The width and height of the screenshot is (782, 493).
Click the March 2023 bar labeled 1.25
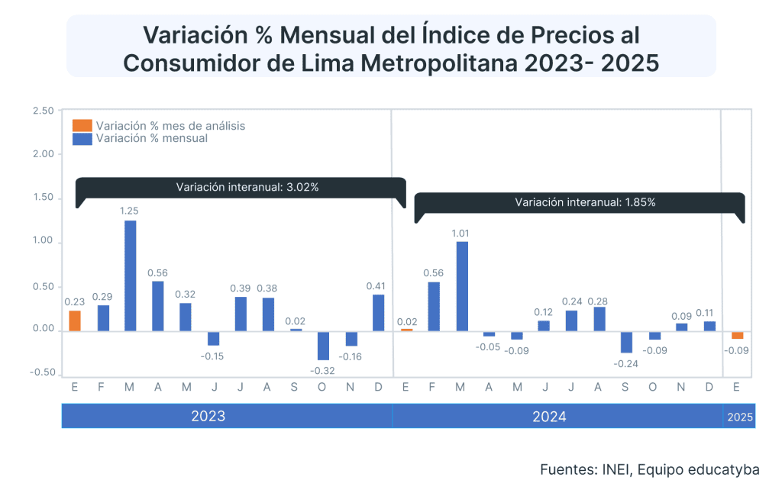pyautogui.click(x=130, y=275)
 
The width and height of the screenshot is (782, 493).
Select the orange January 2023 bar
pyautogui.click(x=75, y=321)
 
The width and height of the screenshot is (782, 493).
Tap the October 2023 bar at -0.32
pyautogui.click(x=323, y=345)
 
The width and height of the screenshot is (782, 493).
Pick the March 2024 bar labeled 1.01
pyautogui.click(x=462, y=286)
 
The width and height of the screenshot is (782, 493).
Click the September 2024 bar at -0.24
pyautogui.click(x=626, y=341)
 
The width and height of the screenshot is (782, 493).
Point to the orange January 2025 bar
pyautogui.click(x=737, y=335)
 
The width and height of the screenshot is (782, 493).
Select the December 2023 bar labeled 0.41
pyautogui.click(x=378, y=313)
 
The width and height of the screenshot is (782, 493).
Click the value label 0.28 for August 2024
pyautogui.click(x=599, y=300)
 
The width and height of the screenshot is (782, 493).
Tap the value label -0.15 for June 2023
pyautogui.click(x=213, y=356)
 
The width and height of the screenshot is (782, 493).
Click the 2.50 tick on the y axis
pyautogui.click(x=44, y=111)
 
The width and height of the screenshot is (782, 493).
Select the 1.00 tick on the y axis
pyautogui.click(x=44, y=242)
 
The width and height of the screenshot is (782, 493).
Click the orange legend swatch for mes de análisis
pyautogui.click(x=82, y=125)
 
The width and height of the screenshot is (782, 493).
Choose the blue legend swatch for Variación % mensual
pyautogui.click(x=82, y=138)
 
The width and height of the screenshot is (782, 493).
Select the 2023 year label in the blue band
pyautogui.click(x=208, y=417)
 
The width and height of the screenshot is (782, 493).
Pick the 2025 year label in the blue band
pyautogui.click(x=739, y=417)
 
